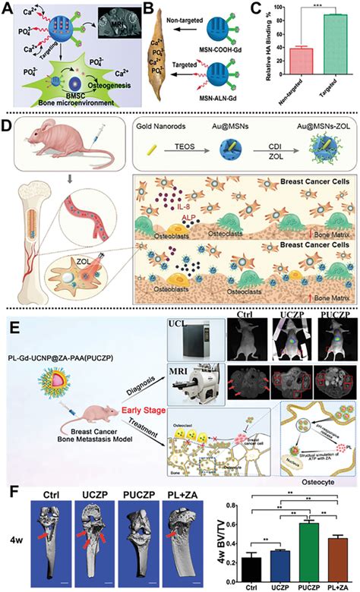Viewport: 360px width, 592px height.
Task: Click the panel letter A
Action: (x=8, y=7)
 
